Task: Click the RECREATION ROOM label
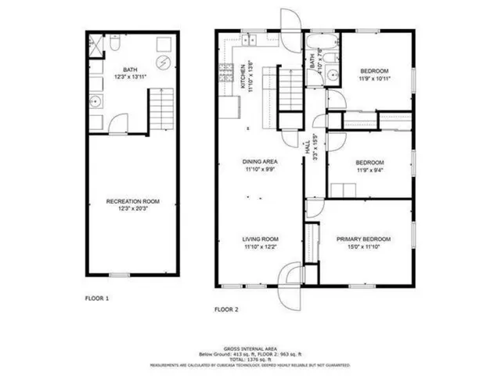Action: click(132, 201)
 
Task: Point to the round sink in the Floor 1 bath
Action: click(96, 102)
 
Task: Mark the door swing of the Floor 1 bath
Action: click(117, 123)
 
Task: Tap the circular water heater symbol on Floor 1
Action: click(164, 63)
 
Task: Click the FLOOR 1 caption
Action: click(97, 298)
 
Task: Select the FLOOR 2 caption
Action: click(227, 309)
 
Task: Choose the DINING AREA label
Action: click(260, 161)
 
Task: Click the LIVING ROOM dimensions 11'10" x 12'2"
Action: click(260, 248)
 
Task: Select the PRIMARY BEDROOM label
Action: click(363, 239)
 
